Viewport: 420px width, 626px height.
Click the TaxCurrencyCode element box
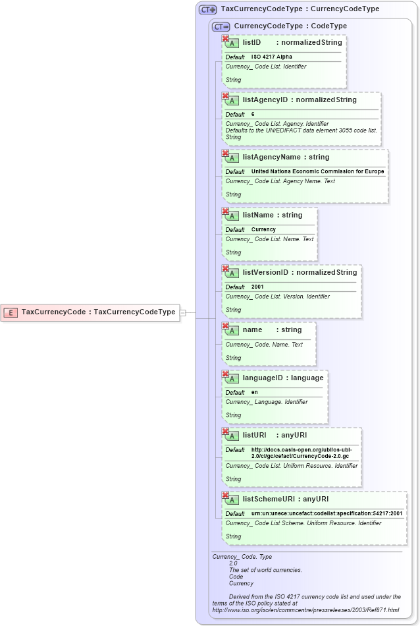click(91, 312)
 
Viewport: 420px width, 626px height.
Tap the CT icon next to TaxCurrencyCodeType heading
click(208, 10)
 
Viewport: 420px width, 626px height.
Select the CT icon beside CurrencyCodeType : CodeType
click(221, 26)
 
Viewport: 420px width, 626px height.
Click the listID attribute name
click(252, 43)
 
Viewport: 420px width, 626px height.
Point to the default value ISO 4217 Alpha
click(271, 57)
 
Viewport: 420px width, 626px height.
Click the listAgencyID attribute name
click(265, 100)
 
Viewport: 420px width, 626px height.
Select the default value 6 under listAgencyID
click(253, 115)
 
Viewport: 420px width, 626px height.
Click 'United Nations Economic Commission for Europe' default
click(317, 172)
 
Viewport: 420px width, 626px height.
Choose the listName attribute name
click(259, 215)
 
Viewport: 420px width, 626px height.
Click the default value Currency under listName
click(263, 230)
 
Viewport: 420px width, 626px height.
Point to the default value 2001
click(257, 287)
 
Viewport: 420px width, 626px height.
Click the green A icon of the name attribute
click(232, 330)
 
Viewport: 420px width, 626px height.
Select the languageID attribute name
click(265, 378)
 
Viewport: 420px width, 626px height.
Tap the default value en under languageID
click(254, 393)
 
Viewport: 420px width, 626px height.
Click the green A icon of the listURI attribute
click(232, 436)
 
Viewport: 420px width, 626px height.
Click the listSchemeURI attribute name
click(268, 499)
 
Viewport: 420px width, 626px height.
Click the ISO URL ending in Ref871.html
click(305, 610)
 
